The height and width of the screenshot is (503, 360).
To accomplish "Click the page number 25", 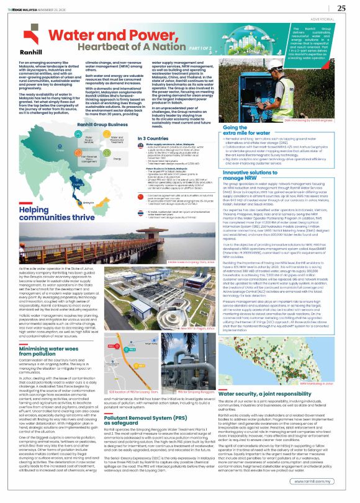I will [341, 7].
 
